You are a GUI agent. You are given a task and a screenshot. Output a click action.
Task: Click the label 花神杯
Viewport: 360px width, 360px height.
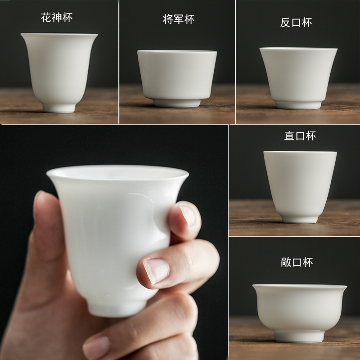click(x=57, y=18)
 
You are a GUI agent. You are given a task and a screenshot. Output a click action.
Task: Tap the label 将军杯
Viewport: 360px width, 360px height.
click(x=178, y=19)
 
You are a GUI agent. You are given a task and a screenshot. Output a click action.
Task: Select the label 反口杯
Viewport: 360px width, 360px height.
click(x=296, y=22)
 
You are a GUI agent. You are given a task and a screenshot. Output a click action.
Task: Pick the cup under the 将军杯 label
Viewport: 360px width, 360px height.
click(x=177, y=74)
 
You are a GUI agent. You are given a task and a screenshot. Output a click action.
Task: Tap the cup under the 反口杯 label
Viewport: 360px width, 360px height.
click(x=298, y=74)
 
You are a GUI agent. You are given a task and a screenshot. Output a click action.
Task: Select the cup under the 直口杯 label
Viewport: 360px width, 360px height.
click(x=300, y=182)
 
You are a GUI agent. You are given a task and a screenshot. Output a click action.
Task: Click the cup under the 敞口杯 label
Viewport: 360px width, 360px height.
click(x=299, y=308)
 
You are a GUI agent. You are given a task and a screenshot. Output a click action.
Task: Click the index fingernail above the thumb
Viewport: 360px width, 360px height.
click(x=188, y=216)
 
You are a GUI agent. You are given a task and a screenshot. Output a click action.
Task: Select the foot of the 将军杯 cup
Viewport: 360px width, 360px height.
click(x=177, y=102)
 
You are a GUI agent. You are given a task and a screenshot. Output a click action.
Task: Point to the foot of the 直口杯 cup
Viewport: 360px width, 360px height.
click(x=300, y=219)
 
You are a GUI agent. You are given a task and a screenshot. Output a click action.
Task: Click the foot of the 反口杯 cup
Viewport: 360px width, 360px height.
click(x=298, y=105)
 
